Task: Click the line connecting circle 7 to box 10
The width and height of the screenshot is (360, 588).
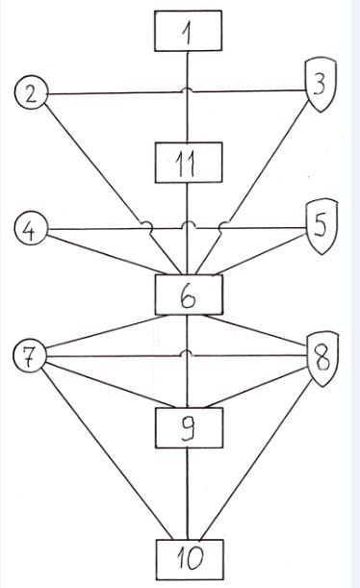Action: point(107,453)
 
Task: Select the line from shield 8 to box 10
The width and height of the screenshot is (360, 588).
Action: point(256,460)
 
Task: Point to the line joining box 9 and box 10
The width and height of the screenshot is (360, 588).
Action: point(188,494)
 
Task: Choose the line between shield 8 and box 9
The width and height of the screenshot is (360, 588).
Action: point(256,388)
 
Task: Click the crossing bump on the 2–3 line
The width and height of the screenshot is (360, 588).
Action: point(188,90)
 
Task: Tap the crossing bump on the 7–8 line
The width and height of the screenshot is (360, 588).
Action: point(188,353)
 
